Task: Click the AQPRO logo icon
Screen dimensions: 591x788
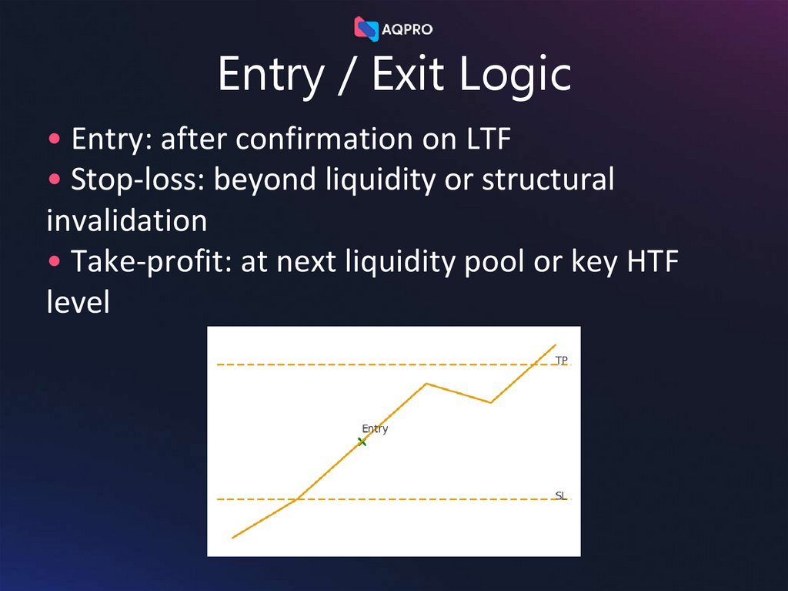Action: (366, 29)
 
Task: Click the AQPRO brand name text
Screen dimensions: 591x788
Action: (407, 29)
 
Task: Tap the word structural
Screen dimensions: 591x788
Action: (548, 180)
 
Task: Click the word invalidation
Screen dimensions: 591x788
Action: (126, 221)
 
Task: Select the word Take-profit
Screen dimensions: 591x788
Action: (150, 262)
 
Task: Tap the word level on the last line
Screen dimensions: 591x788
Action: (78, 303)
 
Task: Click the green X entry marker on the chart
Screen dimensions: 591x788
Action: (362, 442)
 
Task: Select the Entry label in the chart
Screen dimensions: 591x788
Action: (375, 429)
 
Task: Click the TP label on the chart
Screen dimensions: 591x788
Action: (562, 360)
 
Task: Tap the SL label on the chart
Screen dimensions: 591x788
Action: (561, 495)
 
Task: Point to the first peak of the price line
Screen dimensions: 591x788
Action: (426, 383)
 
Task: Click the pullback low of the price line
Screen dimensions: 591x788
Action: (491, 402)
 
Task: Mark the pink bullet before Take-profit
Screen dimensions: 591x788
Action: (55, 263)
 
